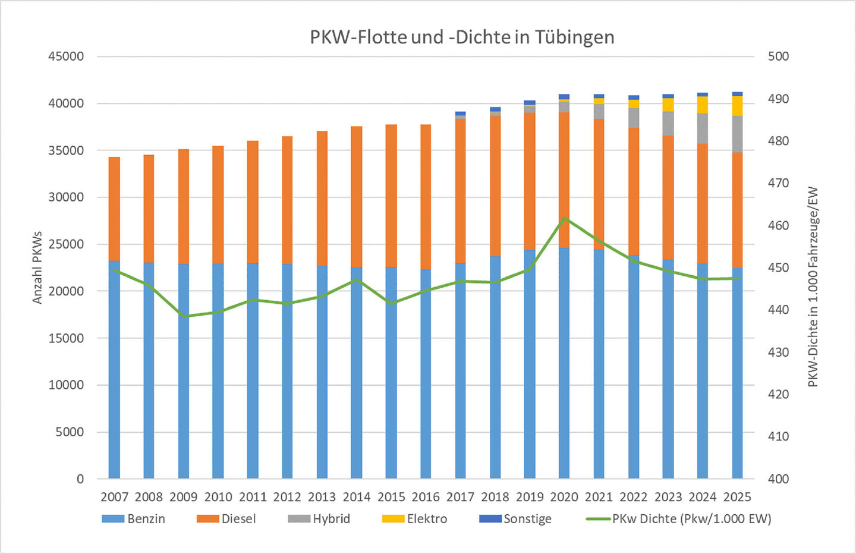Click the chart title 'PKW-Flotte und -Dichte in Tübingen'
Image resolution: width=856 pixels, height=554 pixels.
pos(462,37)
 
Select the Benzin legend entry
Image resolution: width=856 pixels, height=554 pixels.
pos(134,519)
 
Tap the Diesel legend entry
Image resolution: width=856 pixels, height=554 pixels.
pos(226,519)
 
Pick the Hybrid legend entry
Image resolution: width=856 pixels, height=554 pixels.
pos(319,519)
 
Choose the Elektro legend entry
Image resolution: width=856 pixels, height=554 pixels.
pos(414,519)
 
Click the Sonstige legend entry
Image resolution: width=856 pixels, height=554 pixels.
pos(515,519)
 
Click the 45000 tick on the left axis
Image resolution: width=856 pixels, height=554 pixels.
pos(66,56)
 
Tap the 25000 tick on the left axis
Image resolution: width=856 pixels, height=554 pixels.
pos(66,244)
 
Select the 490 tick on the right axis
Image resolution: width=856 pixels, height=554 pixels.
pos(778,99)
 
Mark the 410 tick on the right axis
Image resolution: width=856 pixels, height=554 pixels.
pos(778,436)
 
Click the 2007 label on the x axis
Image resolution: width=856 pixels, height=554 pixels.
pos(114,497)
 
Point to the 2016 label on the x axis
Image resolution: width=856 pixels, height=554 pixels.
pos(426,497)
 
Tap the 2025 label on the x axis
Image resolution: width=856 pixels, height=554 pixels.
pos(737,497)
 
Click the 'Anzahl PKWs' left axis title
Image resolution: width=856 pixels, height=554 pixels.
pos(37,267)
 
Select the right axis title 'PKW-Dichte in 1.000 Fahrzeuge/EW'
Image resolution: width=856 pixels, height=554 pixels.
pos(813,287)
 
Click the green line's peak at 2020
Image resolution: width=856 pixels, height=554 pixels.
pos(564,218)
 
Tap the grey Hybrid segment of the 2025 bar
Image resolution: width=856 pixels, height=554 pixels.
pos(737,134)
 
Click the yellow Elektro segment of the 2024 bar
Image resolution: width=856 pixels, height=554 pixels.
pos(703,105)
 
